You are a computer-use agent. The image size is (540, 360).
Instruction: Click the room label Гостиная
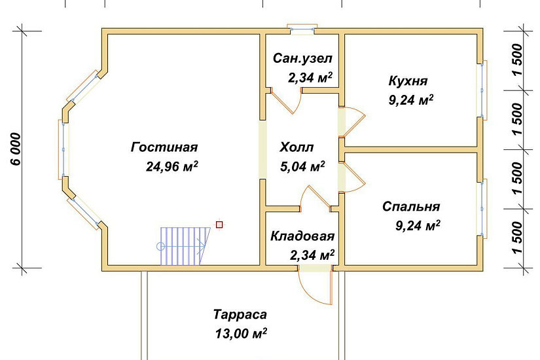(164, 147)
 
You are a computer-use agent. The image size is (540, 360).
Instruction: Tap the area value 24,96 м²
(172, 166)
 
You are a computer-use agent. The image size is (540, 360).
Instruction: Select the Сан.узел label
(303, 58)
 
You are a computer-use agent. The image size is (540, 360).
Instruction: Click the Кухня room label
(408, 81)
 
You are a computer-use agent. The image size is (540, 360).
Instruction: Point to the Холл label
(297, 147)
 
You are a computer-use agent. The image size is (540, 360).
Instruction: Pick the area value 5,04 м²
(302, 167)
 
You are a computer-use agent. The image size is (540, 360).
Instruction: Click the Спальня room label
(411, 207)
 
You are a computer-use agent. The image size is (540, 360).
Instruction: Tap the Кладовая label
(302, 236)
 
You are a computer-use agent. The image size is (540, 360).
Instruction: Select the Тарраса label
(240, 314)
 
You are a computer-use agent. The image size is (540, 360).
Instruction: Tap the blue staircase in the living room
(185, 245)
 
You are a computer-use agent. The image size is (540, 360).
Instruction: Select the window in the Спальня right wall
(484, 207)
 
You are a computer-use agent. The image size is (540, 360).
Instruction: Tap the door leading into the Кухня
(352, 122)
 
